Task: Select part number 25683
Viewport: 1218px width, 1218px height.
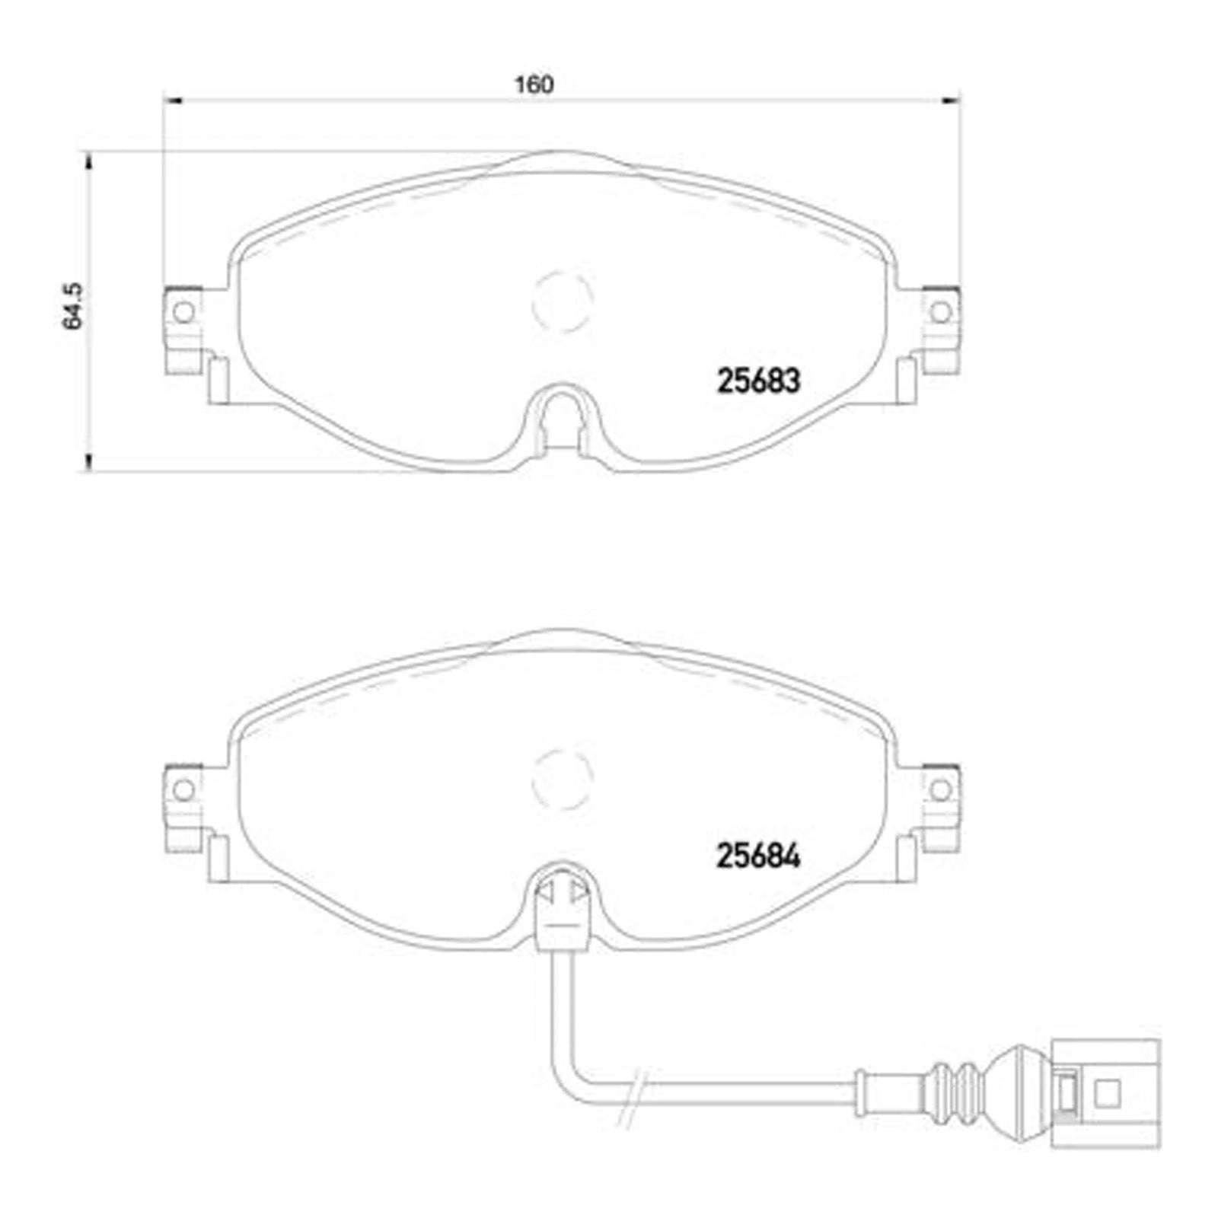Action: coord(758,381)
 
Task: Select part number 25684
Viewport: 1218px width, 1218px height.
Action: coord(758,857)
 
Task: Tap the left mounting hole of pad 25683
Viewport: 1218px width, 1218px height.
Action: coord(183,311)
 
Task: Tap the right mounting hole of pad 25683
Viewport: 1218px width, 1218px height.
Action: coord(941,311)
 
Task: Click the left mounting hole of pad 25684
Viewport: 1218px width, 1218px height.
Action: coord(183,789)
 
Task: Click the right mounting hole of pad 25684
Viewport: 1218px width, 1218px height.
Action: coord(941,789)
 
